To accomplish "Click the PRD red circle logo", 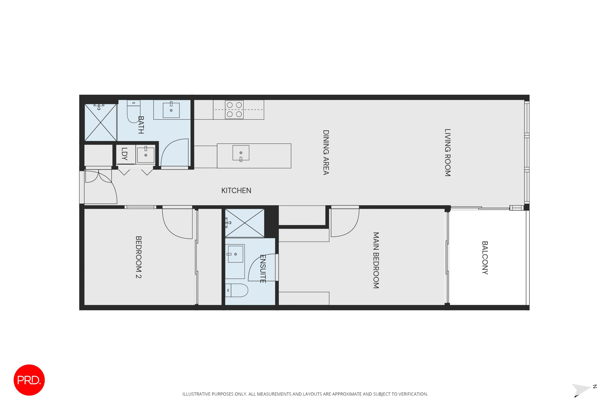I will click(29, 380).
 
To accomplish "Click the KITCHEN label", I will click(236, 191).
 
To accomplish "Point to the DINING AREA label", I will click(326, 152).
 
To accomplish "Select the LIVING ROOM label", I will click(447, 152).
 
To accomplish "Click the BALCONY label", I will click(485, 258).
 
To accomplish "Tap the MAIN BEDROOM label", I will click(376, 260).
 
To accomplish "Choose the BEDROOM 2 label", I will click(138, 257).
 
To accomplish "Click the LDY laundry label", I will click(124, 154).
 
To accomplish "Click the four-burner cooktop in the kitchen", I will click(234, 110).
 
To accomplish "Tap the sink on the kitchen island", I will click(241, 153).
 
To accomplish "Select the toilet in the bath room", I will click(133, 111).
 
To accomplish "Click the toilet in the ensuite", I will click(237, 290).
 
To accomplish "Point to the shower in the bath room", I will click(100, 122).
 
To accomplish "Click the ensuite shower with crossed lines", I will click(244, 223).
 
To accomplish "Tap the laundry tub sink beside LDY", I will click(146, 155).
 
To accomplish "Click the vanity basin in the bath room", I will click(171, 110).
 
